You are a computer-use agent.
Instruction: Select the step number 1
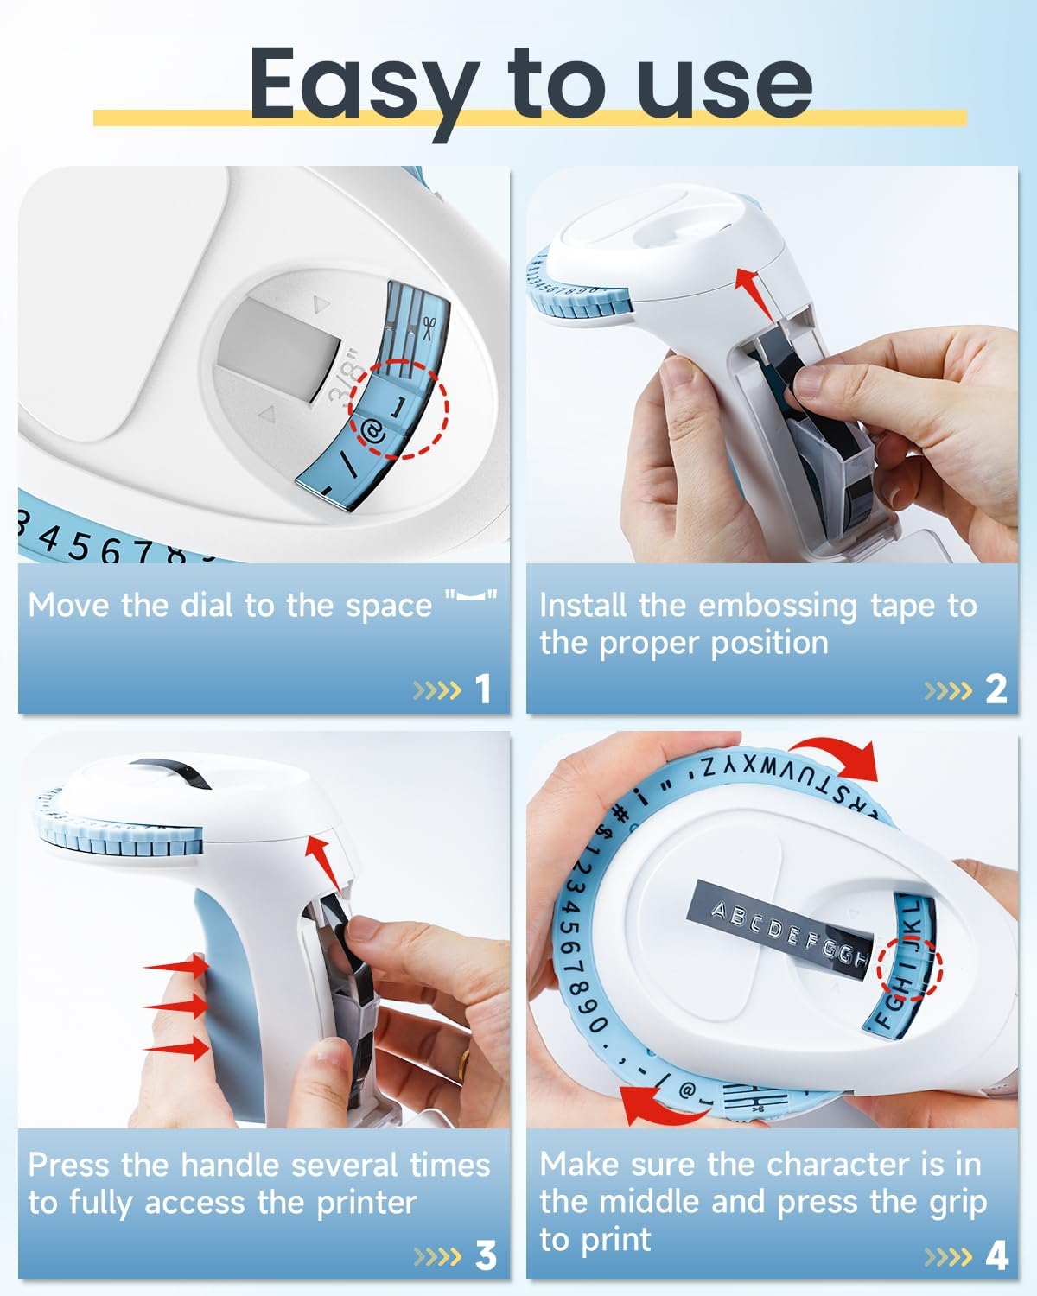click(x=483, y=689)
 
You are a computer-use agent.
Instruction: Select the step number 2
click(x=996, y=689)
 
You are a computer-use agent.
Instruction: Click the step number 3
click(x=486, y=1255)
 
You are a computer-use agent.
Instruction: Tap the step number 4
click(x=996, y=1255)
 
